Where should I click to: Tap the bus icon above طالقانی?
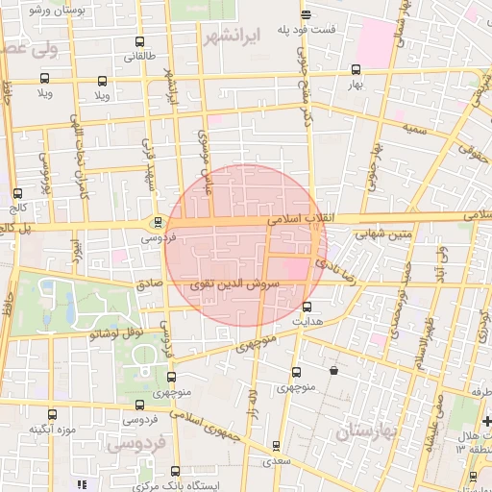(x=139, y=42)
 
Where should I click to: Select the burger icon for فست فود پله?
(x=306, y=14)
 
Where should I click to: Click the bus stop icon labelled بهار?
(x=357, y=69)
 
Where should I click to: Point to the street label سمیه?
(x=415, y=127)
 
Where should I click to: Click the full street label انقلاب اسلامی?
(x=301, y=219)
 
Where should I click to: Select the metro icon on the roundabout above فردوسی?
(x=158, y=221)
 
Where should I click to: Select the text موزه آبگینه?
(x=53, y=429)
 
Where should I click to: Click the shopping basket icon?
(x=333, y=370)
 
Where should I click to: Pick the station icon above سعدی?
(x=277, y=446)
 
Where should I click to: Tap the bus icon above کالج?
(x=18, y=192)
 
